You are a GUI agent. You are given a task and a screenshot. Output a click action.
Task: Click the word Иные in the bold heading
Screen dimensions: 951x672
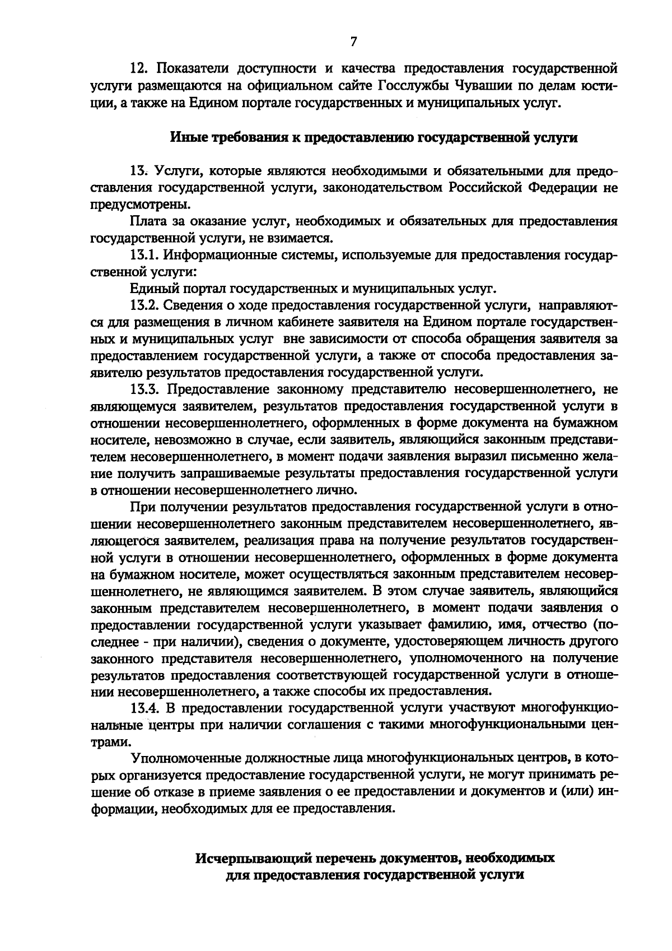184,137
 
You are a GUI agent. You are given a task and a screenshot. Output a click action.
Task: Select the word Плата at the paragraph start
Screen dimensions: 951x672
150,221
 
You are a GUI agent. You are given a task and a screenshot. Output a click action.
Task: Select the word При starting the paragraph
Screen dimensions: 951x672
142,507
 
